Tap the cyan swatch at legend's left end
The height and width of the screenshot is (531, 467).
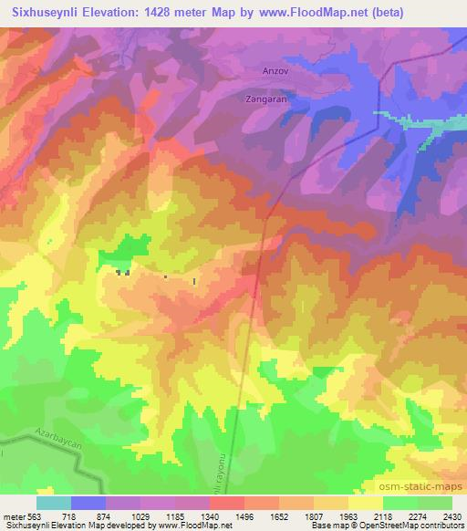[53, 503]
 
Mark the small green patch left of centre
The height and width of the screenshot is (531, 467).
[130, 246]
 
